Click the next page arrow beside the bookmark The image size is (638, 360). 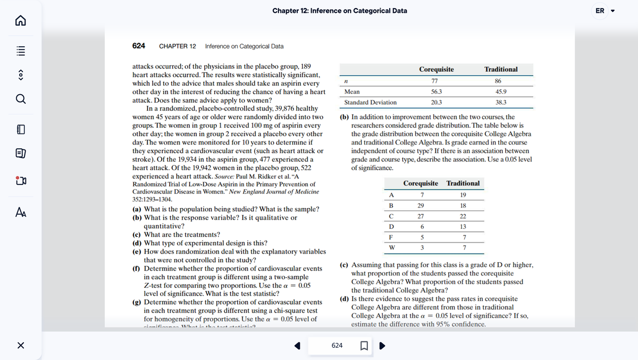[381, 346]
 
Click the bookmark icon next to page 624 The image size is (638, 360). [364, 346]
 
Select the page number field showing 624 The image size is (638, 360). [337, 346]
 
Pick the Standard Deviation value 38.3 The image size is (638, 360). [501, 103]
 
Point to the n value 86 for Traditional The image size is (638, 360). [498, 81]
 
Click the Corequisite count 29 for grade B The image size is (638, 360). [421, 205]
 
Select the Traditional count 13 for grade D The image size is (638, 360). [463, 227]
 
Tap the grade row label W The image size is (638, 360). [391, 248]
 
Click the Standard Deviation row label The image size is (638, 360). [370, 103]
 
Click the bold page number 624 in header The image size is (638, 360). [139, 46]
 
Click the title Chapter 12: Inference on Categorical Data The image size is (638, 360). [340, 11]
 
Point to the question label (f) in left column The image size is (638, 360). [136, 269]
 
